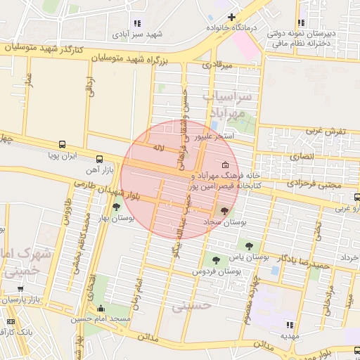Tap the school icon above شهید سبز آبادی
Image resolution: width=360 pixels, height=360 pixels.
pyautogui.click(x=136, y=23)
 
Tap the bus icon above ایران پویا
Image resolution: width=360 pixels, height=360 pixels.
pyautogui.click(x=63, y=144)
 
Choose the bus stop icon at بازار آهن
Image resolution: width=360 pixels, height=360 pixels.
pyautogui.click(x=99, y=159)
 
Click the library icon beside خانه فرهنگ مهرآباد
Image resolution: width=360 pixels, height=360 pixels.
pyautogui.click(x=225, y=167)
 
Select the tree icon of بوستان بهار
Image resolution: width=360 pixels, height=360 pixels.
pyautogui.click(x=115, y=207)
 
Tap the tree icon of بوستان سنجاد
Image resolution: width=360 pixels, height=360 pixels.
pyautogui.click(x=224, y=210)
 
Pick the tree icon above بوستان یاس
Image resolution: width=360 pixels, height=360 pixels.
pyautogui.click(x=249, y=245)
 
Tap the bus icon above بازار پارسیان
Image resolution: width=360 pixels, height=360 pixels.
pyautogui.click(x=21, y=288)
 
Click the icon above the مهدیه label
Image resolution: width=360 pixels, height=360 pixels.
pyautogui.click(x=289, y=324)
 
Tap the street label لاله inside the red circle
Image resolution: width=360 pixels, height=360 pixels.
pyautogui.click(x=158, y=148)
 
